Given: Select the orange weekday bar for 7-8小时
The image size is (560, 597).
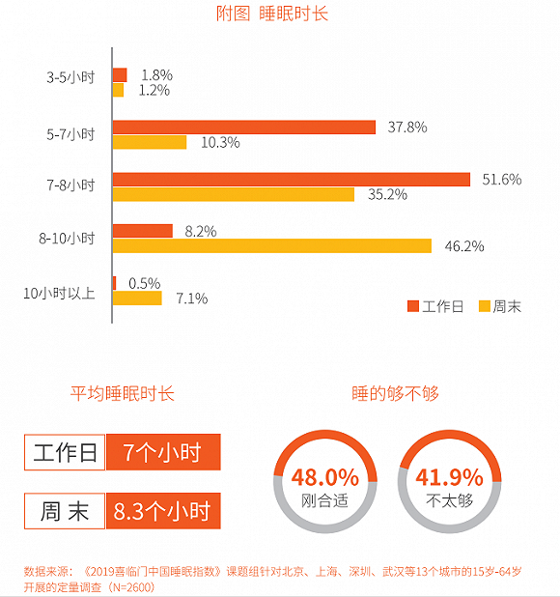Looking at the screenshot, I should coord(291,179).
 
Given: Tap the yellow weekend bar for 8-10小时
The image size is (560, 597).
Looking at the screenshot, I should coord(272,245).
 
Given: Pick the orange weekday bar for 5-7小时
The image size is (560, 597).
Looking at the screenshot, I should coord(244,127).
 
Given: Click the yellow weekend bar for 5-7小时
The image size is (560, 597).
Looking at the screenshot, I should coord(150,142).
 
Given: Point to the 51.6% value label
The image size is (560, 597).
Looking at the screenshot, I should coord(502,179).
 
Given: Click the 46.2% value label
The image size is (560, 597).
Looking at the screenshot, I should coord(464,245).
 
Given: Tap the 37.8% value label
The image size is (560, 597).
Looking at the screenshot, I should coord(407,127).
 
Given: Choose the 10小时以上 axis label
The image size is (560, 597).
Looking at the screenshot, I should coord(59,291).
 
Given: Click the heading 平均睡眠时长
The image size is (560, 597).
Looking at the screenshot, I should coord(123,394).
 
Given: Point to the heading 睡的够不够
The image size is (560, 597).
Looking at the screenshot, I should coord(395,394).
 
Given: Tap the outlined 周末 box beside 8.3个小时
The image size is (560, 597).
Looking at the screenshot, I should coord(66,511).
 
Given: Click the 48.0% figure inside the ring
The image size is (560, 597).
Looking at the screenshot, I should coord(324,477).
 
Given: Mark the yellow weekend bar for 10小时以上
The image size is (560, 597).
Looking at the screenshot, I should coord(138,298).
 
